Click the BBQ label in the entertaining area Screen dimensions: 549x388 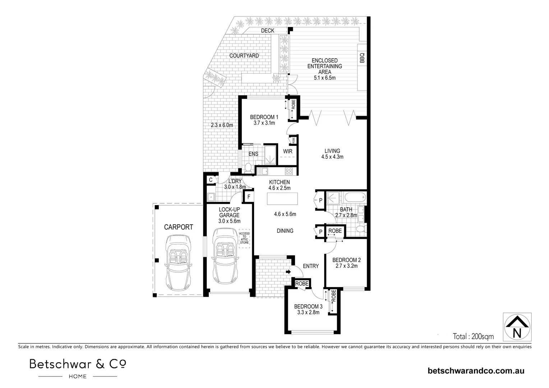pos(362,58)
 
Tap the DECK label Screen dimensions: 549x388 pos(268,31)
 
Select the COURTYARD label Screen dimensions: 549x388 pos(244,56)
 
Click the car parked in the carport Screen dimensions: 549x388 pos(178,263)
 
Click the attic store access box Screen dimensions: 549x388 pos(244,239)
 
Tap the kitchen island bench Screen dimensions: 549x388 pos(282,199)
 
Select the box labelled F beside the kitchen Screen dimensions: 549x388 pos(249,197)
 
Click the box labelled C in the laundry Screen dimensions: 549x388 pos(211,180)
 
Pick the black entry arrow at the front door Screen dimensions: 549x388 pos(289,272)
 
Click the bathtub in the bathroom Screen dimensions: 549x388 pos(355,197)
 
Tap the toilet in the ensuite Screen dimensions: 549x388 pos(248,168)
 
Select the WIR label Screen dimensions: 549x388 pos(288,152)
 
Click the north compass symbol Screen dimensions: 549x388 pos(517,327)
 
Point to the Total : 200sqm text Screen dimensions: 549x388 pos(473,337)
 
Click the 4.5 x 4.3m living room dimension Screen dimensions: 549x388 pos(332,157)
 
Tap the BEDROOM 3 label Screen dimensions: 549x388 pos(308,306)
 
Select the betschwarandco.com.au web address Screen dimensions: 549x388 pos(476,371)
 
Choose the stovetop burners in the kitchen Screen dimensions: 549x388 pos(289,171)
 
